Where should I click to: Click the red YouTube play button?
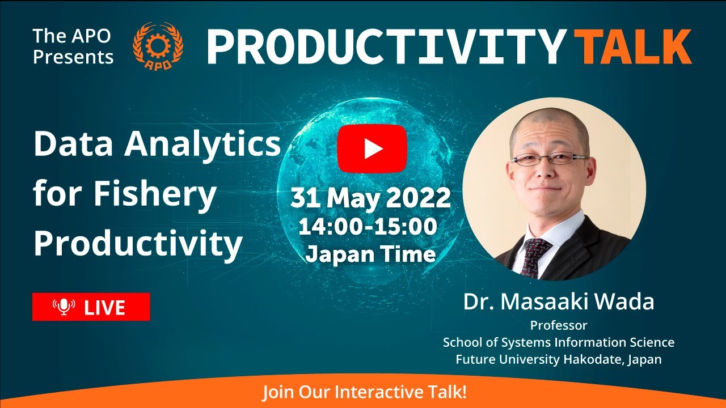point(372,148)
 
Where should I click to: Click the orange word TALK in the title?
point(633,46)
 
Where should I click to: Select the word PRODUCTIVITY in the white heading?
point(385,46)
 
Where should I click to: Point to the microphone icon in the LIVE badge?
point(64,307)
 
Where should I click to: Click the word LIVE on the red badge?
point(104,307)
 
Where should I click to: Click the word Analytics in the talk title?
point(203,144)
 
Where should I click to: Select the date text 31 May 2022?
point(371,198)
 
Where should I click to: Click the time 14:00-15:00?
point(368,227)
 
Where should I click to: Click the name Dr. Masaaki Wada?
point(559,301)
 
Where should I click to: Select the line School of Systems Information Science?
point(559,342)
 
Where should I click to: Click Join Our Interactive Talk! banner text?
point(364,392)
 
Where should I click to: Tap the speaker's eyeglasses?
point(549,159)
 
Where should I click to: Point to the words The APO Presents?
point(73,46)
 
